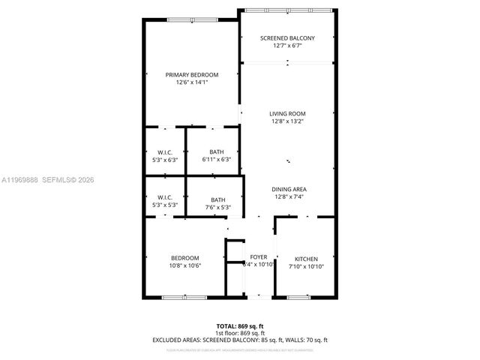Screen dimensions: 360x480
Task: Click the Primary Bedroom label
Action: (192, 74)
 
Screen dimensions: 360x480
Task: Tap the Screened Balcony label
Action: (287, 38)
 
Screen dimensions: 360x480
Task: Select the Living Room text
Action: (287, 113)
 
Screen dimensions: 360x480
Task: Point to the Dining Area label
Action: (287, 189)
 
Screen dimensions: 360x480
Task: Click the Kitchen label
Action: (306, 257)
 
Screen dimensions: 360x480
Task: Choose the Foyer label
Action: (258, 257)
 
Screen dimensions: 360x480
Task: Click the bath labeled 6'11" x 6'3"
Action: (216, 159)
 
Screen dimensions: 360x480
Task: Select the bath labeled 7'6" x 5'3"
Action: (216, 208)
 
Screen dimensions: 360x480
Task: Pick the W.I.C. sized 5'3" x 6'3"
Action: (165, 159)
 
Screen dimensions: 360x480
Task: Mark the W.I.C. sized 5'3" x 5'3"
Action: (165, 208)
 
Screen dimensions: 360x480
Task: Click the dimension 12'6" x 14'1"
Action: (192, 82)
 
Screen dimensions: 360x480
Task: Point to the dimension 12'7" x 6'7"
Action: (287, 46)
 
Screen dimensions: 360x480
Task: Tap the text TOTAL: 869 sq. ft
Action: (240, 326)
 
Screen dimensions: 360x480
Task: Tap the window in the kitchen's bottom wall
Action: (298, 298)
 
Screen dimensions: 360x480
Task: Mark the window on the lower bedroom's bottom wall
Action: (184, 298)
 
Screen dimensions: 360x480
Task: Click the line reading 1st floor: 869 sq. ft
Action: (240, 333)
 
